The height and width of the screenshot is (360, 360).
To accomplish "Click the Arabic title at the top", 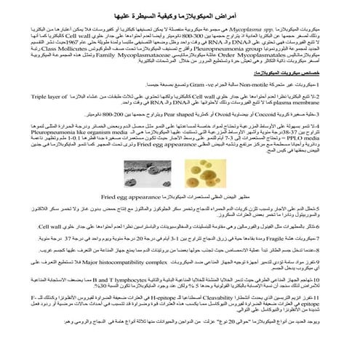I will tap(180, 15).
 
